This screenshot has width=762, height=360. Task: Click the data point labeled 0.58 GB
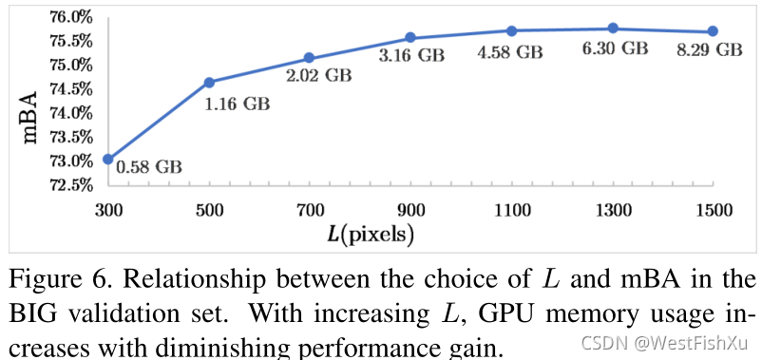coord(108,159)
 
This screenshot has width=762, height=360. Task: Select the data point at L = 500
coord(209,82)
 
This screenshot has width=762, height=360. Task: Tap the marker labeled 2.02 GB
coord(309,58)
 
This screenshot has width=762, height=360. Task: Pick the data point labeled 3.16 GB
coord(410,37)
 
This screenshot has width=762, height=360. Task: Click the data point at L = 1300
coord(613,28)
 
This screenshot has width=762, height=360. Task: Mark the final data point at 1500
coord(713,31)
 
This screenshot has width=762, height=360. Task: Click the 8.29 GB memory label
coord(710,50)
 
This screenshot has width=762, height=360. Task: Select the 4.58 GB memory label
coord(509,52)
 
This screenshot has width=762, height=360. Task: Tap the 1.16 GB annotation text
coord(237,104)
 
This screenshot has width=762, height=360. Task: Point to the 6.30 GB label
coord(615,48)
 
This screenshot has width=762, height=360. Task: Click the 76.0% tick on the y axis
coord(70,18)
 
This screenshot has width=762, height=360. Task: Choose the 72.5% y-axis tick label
coord(70,185)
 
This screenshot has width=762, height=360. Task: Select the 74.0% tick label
coord(70,114)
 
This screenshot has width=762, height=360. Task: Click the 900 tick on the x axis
coord(410,210)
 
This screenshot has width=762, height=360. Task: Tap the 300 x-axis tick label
coord(108,210)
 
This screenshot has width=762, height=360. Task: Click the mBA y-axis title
coord(30,117)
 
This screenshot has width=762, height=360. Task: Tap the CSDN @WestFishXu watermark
coord(664,343)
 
